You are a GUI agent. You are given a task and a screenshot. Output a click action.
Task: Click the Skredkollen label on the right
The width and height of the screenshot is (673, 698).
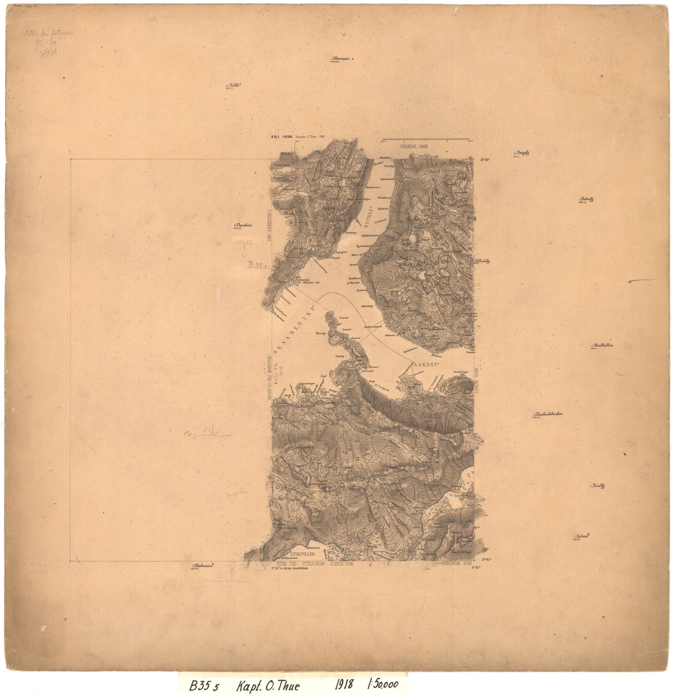[x=603, y=346]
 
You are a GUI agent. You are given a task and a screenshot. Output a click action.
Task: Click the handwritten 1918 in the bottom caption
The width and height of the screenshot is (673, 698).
[x=344, y=685]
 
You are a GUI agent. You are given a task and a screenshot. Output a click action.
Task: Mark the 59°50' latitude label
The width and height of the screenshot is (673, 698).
[x=486, y=160]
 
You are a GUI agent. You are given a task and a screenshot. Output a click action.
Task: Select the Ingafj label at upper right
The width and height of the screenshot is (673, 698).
[x=524, y=153]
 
